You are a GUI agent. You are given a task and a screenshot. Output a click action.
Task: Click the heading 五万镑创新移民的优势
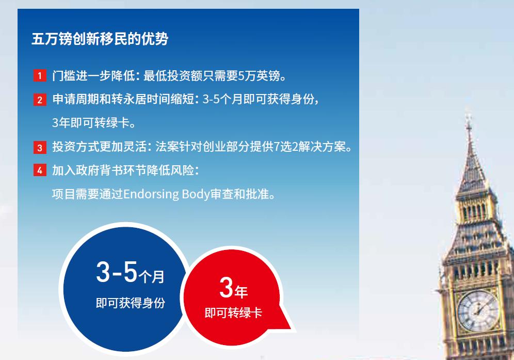tap(100, 39)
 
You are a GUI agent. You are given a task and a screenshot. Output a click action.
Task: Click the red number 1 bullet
tap(40, 76)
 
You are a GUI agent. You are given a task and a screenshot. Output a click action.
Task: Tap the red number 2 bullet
tap(40, 100)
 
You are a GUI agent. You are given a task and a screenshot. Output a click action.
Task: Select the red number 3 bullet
tap(40, 147)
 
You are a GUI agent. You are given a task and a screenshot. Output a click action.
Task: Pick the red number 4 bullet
tap(40, 170)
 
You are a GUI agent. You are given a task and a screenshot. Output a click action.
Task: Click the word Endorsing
tap(151, 194)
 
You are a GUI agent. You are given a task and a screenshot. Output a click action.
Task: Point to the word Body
tap(196, 194)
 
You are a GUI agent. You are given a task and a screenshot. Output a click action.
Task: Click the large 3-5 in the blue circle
tap(117, 272)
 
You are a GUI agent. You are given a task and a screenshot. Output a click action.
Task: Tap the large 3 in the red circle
tap(226, 288)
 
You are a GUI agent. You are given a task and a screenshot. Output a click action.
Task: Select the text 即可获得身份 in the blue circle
tap(131, 303)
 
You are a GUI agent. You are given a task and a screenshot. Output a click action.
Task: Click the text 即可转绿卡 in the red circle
tap(233, 313)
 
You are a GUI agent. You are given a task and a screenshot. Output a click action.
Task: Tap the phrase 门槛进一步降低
tap(93, 76)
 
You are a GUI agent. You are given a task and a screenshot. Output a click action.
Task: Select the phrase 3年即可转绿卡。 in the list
tap(94, 123)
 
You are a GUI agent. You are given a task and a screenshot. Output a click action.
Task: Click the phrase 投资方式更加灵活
tap(99, 147)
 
